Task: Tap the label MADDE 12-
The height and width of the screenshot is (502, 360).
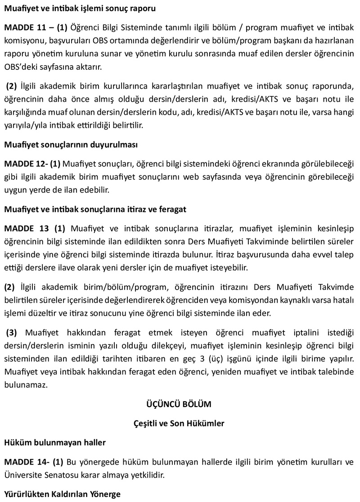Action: pyautogui.click(x=24, y=162)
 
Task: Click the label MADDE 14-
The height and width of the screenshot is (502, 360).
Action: pyautogui.click(x=24, y=462)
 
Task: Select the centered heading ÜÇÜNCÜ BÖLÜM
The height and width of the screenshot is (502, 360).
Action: pyautogui.click(x=179, y=404)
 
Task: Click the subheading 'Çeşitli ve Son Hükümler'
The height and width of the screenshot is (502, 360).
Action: pyautogui.click(x=179, y=423)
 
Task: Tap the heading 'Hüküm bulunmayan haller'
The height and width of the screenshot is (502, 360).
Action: pyautogui.click(x=54, y=443)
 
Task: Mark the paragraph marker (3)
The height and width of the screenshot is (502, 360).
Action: pyautogui.click(x=13, y=333)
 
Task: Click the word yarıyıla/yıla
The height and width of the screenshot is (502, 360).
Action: pyautogui.click(x=24, y=125)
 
